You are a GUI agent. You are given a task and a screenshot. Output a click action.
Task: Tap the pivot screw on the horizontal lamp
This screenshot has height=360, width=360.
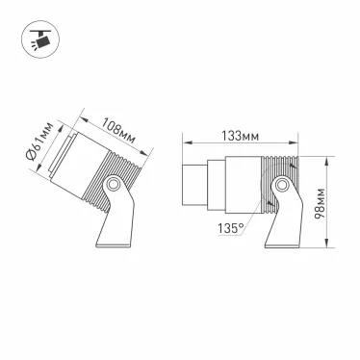point(282,183)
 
